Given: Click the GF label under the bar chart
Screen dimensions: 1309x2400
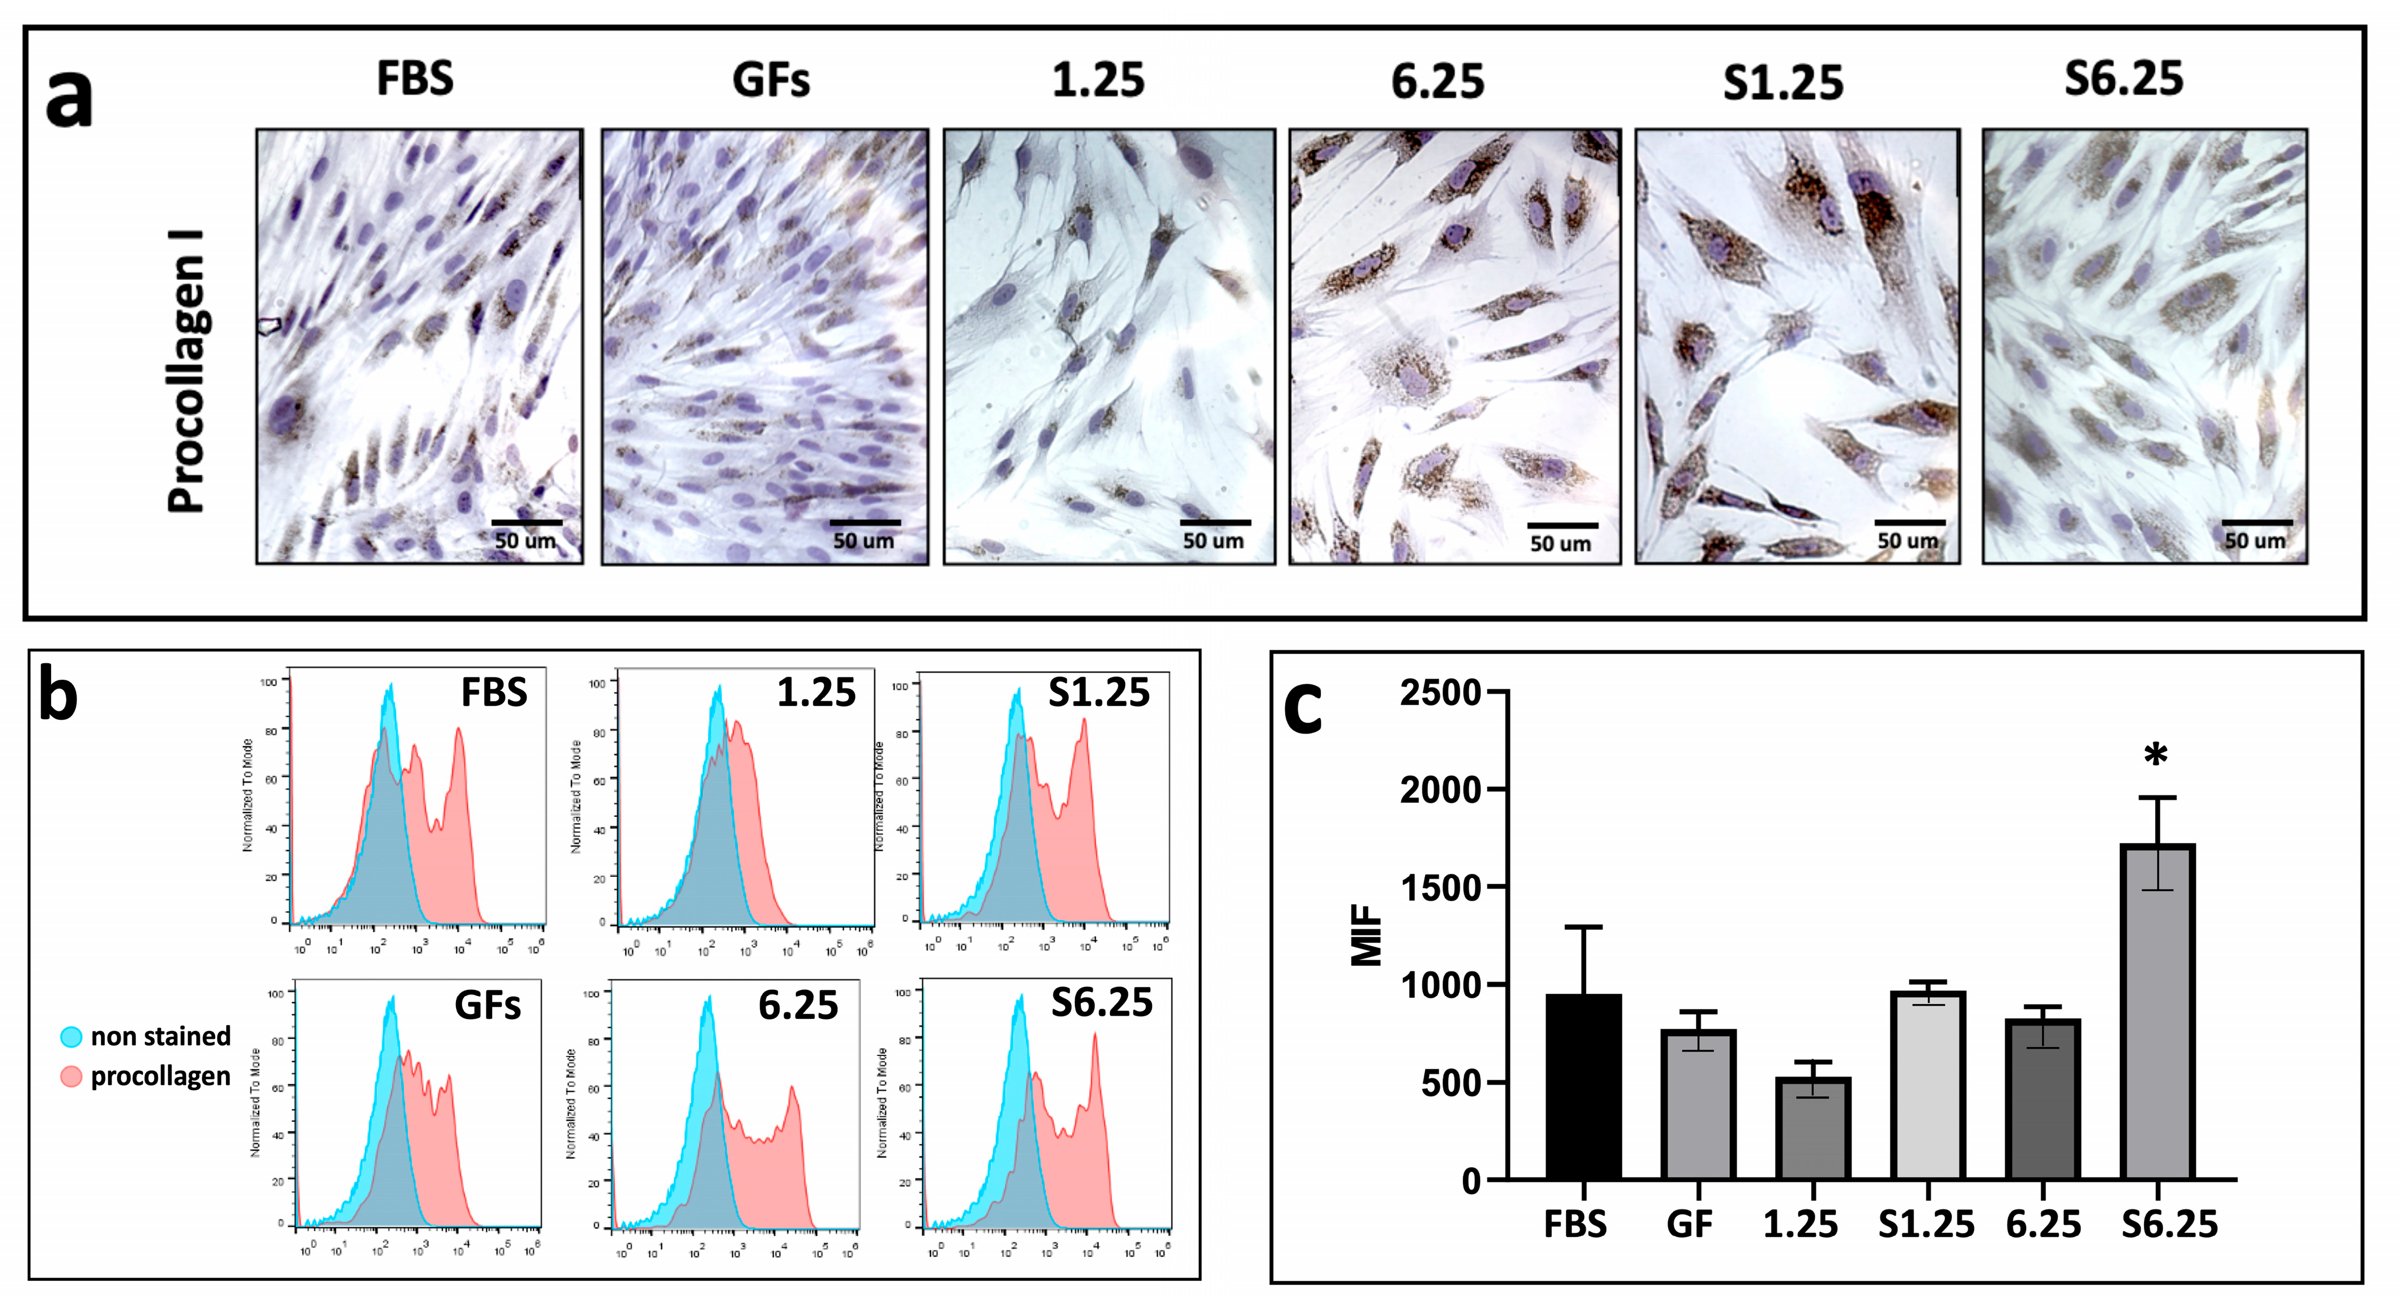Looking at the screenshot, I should (x=1689, y=1224).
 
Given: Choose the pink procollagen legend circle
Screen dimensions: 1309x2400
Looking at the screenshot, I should (x=71, y=1077).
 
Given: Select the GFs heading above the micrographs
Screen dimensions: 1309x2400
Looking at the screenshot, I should (x=771, y=80).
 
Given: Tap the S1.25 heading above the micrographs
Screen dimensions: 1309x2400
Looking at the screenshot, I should (x=1783, y=83).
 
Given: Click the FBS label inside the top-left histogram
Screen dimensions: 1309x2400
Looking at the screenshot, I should (x=494, y=692).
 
